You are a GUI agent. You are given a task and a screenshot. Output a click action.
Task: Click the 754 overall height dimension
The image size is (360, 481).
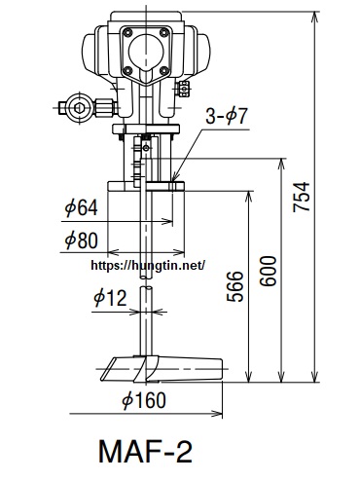[302, 197]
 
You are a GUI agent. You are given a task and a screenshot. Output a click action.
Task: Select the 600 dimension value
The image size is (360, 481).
[269, 271]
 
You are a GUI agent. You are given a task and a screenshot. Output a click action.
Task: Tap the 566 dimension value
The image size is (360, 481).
[234, 286]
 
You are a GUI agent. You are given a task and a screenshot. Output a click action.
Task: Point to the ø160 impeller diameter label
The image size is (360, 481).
[144, 400]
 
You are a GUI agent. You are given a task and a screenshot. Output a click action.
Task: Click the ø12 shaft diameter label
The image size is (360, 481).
[110, 298]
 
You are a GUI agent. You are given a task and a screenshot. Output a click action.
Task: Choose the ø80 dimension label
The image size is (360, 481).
[81, 240]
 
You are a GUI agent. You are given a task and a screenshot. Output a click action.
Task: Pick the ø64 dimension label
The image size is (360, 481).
[81, 207]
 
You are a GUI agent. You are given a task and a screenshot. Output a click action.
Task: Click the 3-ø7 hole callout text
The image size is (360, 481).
[227, 116]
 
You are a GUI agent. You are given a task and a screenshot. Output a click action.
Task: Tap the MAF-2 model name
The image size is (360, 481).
[145, 452]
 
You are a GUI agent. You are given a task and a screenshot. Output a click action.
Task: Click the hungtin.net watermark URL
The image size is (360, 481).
[148, 265]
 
